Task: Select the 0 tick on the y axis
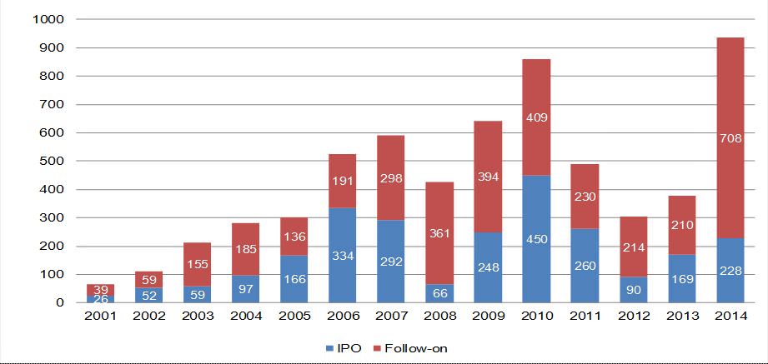click(71, 302)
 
